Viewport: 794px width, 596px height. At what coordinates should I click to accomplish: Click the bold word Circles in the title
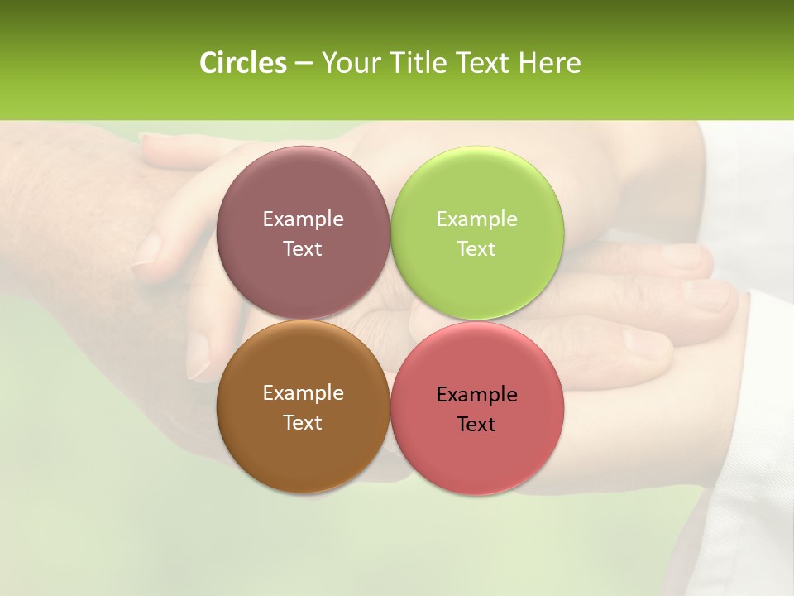(x=242, y=63)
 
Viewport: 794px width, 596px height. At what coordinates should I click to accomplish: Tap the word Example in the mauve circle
(x=303, y=219)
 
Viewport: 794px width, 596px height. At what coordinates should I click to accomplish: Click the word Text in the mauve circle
(x=303, y=249)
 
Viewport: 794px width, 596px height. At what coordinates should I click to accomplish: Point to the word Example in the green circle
(x=477, y=219)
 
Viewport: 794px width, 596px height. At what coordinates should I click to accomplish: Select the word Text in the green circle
(x=477, y=249)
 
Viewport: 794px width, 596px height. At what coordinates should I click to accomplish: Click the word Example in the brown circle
(x=303, y=393)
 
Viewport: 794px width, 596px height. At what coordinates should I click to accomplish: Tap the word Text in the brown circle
(x=303, y=423)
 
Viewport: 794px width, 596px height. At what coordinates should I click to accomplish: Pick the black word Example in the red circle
(x=477, y=395)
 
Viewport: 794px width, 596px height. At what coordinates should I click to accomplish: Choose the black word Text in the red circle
(x=477, y=425)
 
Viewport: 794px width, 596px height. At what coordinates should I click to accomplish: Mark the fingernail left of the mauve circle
(x=149, y=248)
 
